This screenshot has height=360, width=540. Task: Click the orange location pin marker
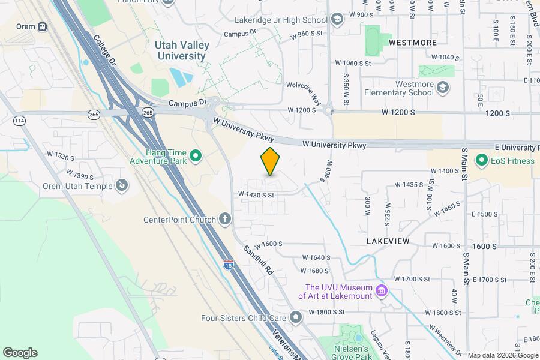point(271,161)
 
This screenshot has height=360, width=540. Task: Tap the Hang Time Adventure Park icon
point(195,157)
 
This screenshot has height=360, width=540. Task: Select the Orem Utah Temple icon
point(122,186)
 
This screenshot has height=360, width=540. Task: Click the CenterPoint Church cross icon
point(225,219)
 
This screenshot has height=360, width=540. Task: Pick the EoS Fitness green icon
point(481,160)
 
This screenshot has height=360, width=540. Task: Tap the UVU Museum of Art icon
point(380,292)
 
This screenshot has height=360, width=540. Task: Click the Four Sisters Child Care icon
point(295,317)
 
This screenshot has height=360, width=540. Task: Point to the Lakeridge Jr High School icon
point(337,20)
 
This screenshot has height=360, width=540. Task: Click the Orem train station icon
point(42,26)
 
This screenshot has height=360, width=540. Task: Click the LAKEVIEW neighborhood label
point(388,241)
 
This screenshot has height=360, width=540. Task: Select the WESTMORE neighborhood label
point(412,43)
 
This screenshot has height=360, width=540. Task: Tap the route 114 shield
point(20,121)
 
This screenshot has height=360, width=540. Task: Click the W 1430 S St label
point(256,194)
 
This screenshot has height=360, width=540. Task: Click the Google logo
point(20,353)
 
